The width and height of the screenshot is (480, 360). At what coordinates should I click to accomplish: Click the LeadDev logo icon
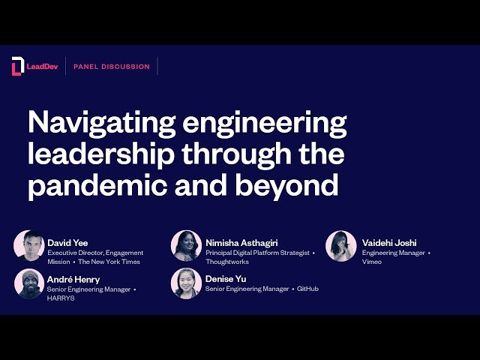(x=17, y=67)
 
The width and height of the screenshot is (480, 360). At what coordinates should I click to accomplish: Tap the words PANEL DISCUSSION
(x=111, y=67)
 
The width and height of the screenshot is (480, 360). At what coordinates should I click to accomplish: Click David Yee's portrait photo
(x=29, y=246)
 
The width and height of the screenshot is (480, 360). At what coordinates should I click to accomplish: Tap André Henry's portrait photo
(x=29, y=283)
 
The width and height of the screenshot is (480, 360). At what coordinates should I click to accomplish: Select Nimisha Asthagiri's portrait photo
(x=187, y=246)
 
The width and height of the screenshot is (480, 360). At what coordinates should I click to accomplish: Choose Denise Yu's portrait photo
(x=187, y=283)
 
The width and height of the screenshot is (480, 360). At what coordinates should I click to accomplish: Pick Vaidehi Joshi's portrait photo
(x=341, y=246)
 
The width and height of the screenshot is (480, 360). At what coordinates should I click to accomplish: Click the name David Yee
(x=67, y=243)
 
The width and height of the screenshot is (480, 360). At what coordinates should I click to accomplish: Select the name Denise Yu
(x=226, y=279)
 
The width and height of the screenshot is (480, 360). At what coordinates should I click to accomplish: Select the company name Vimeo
(x=372, y=262)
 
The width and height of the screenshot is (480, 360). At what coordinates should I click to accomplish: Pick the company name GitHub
(x=307, y=289)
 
